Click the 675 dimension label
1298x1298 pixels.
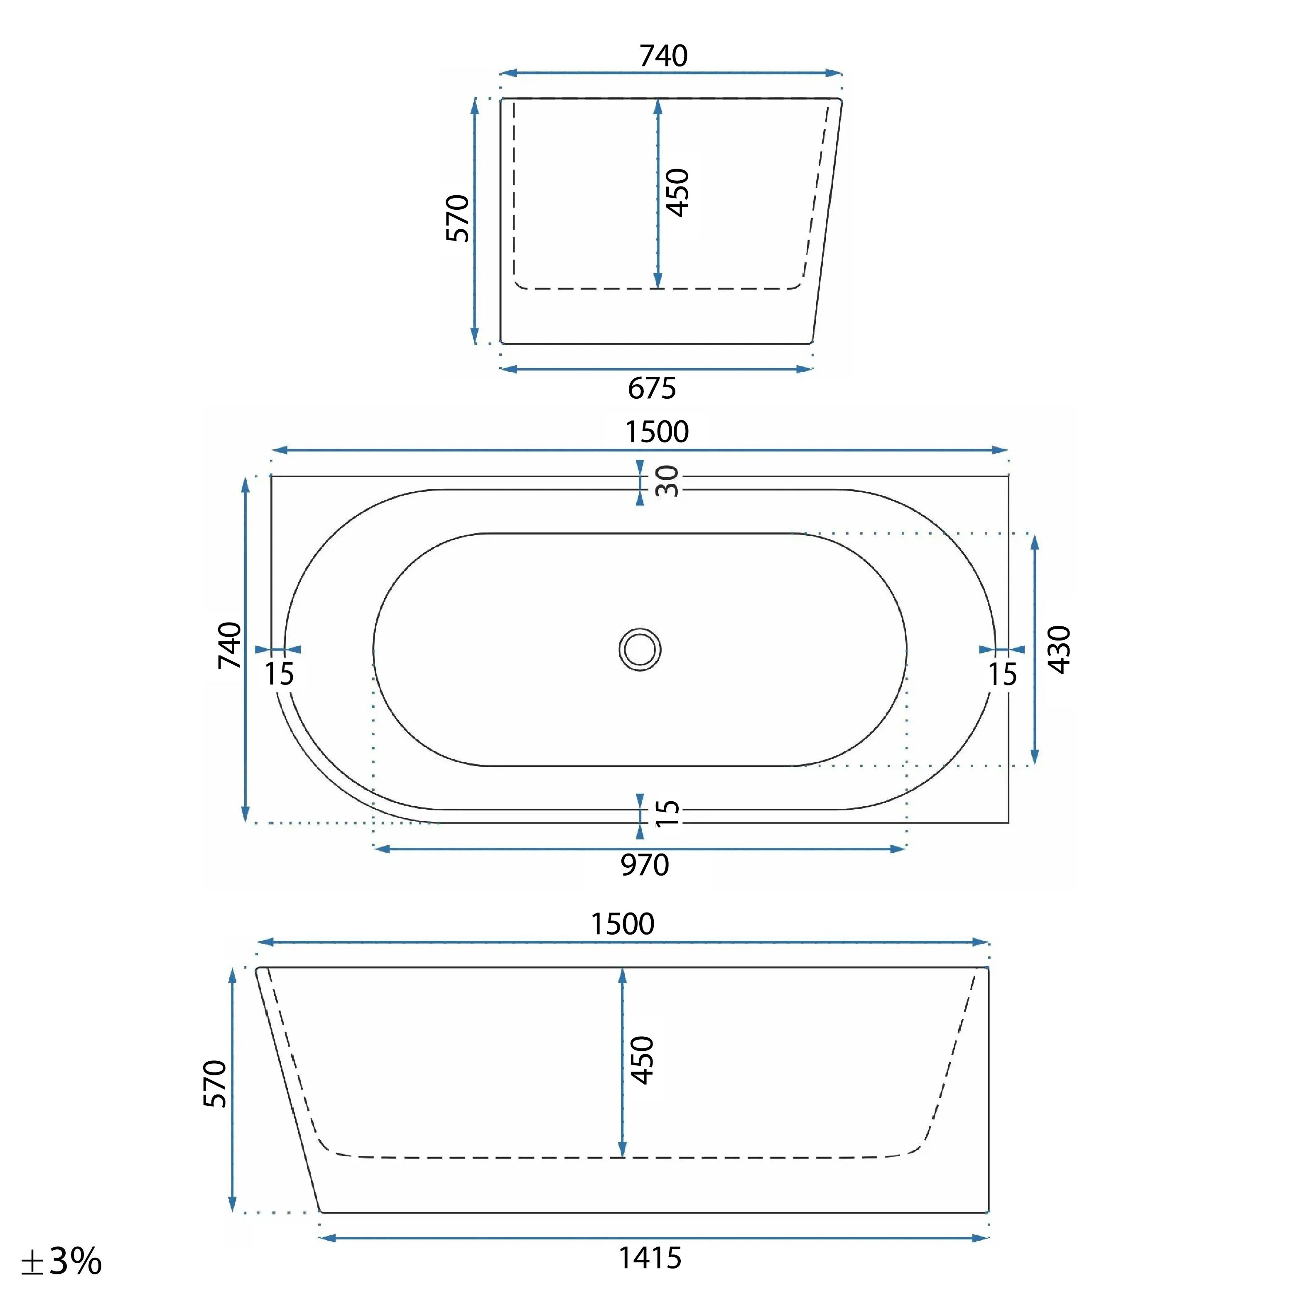tap(652, 388)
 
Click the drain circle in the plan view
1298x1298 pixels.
tap(640, 650)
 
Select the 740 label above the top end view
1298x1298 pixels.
tap(664, 56)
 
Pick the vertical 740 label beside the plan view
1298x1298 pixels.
tap(229, 645)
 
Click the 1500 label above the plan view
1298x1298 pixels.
tap(657, 432)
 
